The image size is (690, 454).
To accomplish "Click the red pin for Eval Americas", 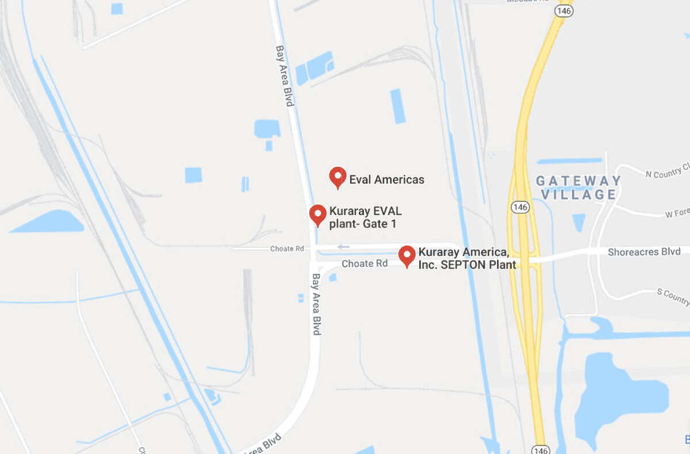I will tap(338, 177).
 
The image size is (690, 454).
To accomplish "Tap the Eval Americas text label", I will tap(386, 180).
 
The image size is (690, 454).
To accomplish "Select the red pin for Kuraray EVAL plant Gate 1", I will tap(317, 214).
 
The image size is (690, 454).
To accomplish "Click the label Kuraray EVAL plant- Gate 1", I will tap(365, 217).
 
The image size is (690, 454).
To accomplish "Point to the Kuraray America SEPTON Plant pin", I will tap(407, 255).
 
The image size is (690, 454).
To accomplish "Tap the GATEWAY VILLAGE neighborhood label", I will tap(578, 188).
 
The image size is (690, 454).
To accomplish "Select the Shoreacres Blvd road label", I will tap(645, 251).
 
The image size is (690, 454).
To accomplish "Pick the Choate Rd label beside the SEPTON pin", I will tap(365, 264).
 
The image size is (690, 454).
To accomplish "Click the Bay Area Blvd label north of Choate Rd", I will tap(285, 75).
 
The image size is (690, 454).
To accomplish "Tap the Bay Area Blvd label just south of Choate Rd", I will tap(316, 304).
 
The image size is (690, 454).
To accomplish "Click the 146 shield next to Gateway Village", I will tap(519, 207).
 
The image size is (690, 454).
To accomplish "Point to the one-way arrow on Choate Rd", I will tap(343, 247).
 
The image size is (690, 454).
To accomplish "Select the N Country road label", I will tap(667, 172).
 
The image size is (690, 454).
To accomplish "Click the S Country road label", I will tap(673, 296).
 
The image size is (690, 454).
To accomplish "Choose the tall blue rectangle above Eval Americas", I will tap(397, 106).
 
